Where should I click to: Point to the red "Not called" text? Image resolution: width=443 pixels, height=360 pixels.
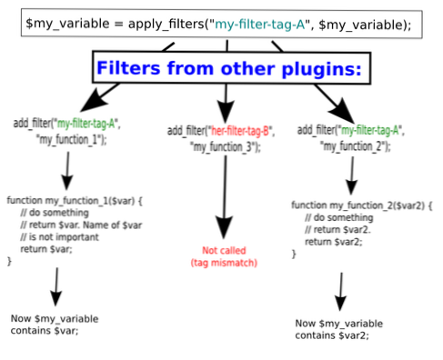click(222, 249)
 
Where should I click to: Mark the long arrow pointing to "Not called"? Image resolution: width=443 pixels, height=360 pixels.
click(221, 195)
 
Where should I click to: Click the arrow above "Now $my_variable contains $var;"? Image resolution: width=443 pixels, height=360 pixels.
click(56, 290)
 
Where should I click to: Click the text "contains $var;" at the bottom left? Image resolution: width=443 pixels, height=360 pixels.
click(43, 331)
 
